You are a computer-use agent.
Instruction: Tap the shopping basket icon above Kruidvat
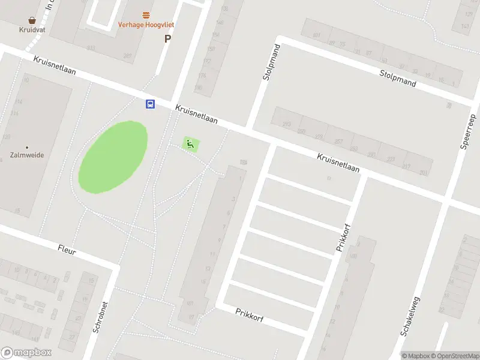(x=32, y=19)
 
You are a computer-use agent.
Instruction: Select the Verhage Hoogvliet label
(x=146, y=25)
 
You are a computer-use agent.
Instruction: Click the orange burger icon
(x=146, y=14)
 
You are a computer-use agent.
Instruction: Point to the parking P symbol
(x=167, y=38)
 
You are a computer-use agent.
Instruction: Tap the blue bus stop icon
(x=150, y=104)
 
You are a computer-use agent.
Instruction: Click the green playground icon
(x=190, y=144)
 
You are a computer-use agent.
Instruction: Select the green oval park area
(x=113, y=157)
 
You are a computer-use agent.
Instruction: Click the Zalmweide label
(x=27, y=155)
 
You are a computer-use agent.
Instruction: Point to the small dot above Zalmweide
(x=27, y=147)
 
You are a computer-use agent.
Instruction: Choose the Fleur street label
(x=67, y=250)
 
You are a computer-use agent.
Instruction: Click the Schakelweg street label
(x=411, y=316)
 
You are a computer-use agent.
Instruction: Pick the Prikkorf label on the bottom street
(x=250, y=315)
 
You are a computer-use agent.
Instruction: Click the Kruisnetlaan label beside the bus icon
(x=196, y=115)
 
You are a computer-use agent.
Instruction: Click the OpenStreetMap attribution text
(x=455, y=356)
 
